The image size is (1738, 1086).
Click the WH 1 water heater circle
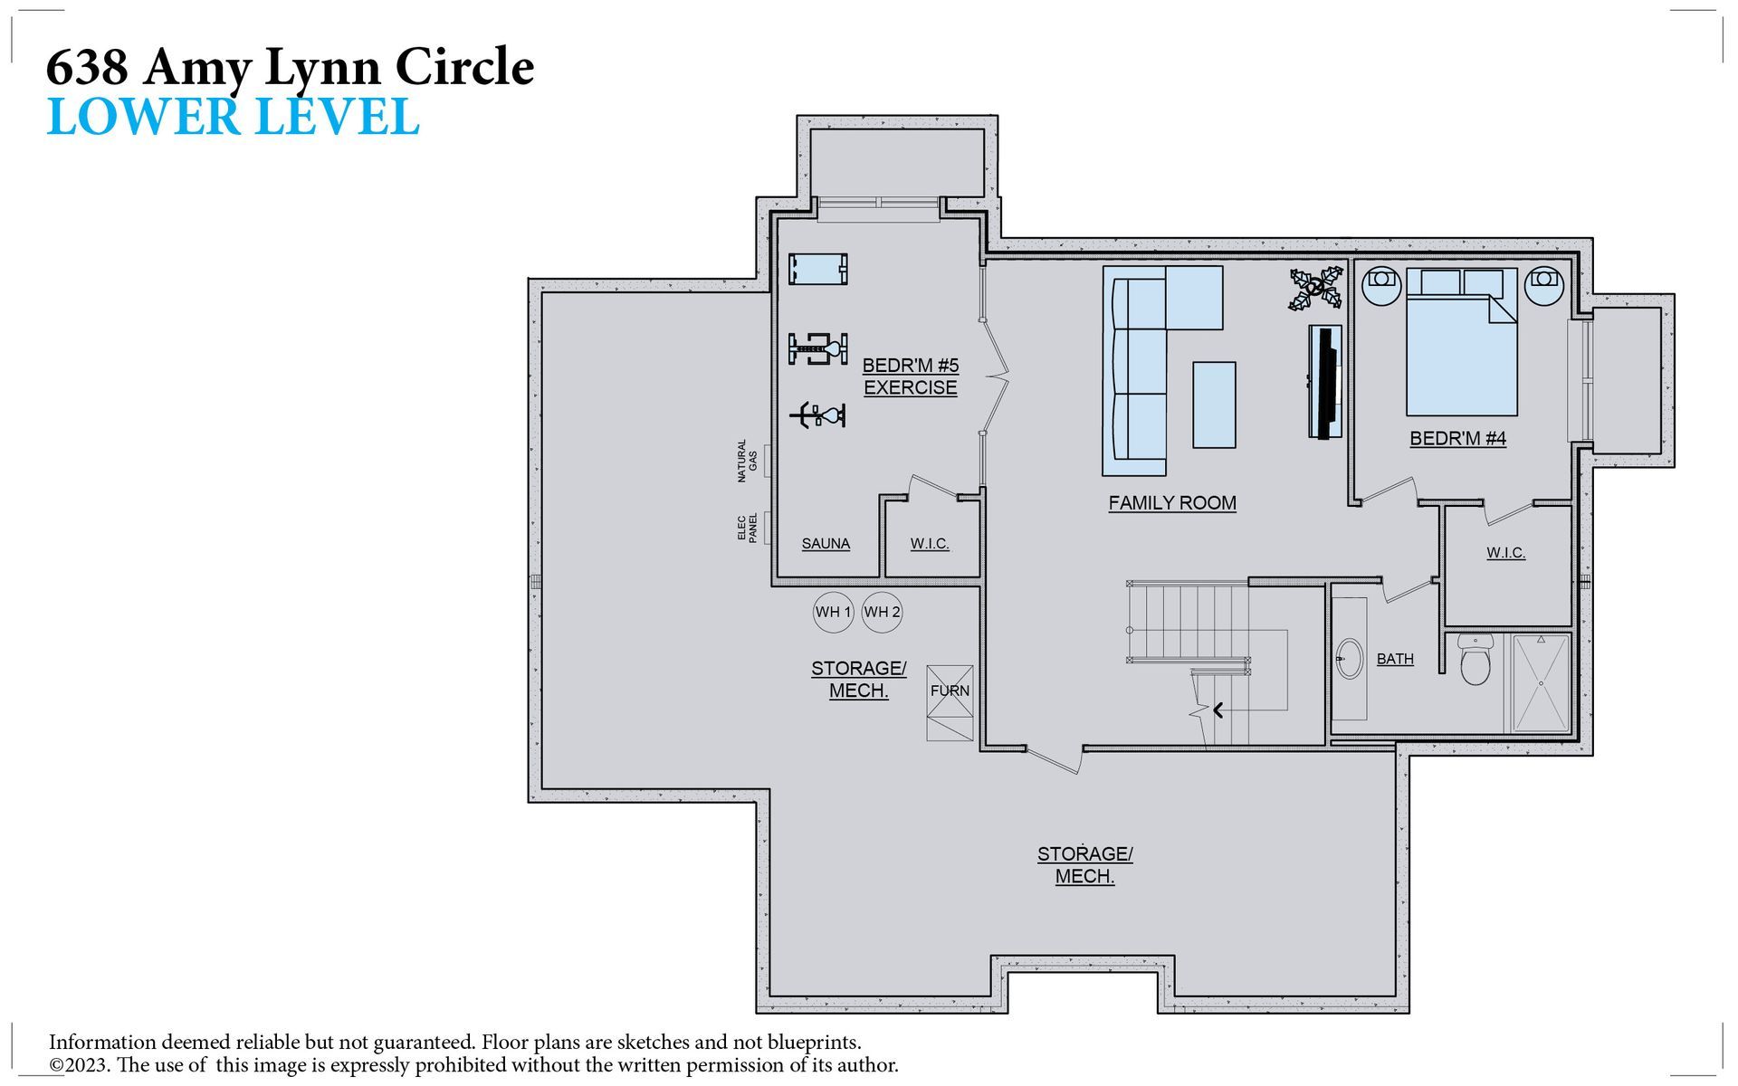click(833, 612)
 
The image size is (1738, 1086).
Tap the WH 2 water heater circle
click(882, 612)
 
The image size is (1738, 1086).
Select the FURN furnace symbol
click(950, 703)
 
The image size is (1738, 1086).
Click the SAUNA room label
click(826, 544)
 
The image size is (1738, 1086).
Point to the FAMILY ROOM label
click(1172, 503)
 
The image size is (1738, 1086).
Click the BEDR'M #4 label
click(1457, 439)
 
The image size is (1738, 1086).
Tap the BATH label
click(1395, 659)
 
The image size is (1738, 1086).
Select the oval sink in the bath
click(1349, 658)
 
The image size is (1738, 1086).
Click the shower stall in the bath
click(1542, 683)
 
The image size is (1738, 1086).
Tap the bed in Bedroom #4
click(1462, 342)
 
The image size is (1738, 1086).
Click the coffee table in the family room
click(1214, 405)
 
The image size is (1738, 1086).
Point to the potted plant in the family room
click(1316, 288)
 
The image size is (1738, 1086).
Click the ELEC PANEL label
click(747, 529)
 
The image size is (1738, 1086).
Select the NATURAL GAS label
click(747, 462)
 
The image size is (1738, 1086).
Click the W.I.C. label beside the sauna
click(930, 544)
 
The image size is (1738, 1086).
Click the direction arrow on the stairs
click(1218, 710)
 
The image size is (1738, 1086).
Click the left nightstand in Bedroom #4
click(1381, 285)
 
